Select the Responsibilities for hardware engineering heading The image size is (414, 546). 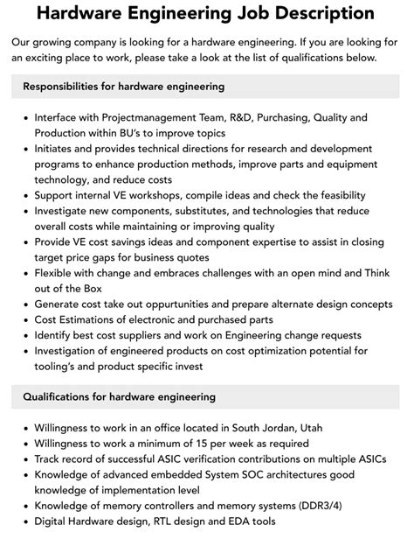pyautogui.click(x=123, y=87)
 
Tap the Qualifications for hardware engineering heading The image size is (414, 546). pyautogui.click(x=119, y=396)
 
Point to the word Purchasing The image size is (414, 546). pyautogui.click(x=286, y=117)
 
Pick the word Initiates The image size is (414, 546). pyautogui.click(x=58, y=149)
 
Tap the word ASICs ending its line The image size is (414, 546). pyautogui.click(x=369, y=458)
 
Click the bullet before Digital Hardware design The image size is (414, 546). pyautogui.click(x=24, y=521)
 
